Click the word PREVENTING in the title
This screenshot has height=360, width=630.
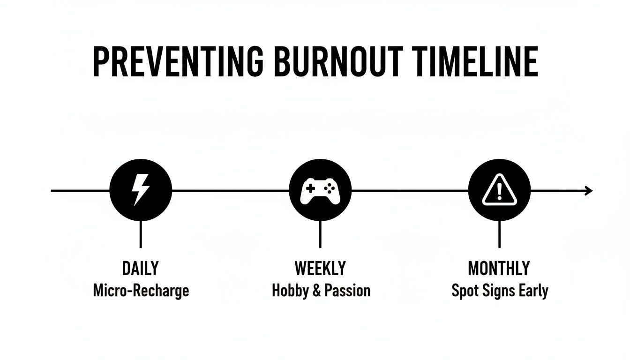pos(179,61)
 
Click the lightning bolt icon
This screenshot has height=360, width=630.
pos(141,190)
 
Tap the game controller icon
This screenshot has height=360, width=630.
pos(320,190)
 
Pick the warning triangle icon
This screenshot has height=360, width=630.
pos(499,191)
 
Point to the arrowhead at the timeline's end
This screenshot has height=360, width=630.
pos(589,190)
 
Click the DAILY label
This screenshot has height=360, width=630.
pos(140,269)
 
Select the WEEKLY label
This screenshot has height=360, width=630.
pos(320,269)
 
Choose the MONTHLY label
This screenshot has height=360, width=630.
pos(499,269)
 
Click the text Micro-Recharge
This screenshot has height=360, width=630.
pos(141,291)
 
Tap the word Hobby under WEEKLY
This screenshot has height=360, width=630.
pos(289,291)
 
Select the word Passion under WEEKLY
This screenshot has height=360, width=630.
pos(348,291)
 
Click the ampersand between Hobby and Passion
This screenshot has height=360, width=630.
pos(316,291)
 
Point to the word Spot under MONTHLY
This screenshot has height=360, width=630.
pos(464,291)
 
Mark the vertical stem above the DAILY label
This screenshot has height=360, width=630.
pos(141,234)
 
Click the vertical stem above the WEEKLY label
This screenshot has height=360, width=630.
pos(320,234)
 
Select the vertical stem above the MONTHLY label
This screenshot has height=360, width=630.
pos(499,234)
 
